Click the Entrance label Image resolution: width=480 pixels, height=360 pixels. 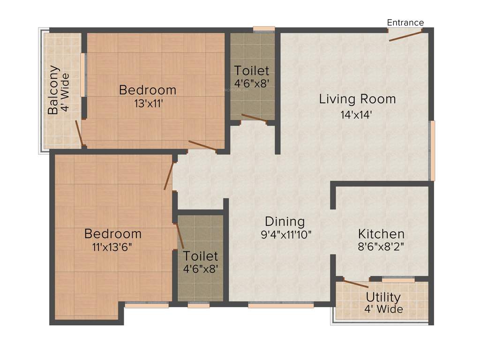(x=405, y=22)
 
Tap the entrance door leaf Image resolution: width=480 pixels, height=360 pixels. (x=405, y=36)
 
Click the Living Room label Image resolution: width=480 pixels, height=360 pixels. (x=357, y=99)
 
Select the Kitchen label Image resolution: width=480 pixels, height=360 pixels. (x=381, y=234)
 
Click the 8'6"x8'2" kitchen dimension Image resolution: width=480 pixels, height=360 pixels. (x=381, y=247)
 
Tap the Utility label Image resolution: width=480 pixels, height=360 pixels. (x=383, y=297)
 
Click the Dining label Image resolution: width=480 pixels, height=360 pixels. (x=285, y=221)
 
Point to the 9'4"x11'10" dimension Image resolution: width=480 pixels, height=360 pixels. (x=286, y=234)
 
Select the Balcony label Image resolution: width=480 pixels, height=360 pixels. (x=53, y=90)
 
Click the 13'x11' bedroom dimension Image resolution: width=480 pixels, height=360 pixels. (x=147, y=103)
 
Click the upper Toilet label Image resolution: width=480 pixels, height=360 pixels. (x=252, y=71)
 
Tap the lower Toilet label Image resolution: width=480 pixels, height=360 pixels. (x=200, y=256)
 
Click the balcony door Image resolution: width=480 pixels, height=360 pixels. (x=80, y=133)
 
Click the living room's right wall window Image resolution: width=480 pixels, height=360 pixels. (x=432, y=150)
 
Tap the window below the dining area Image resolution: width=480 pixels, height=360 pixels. (x=281, y=305)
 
